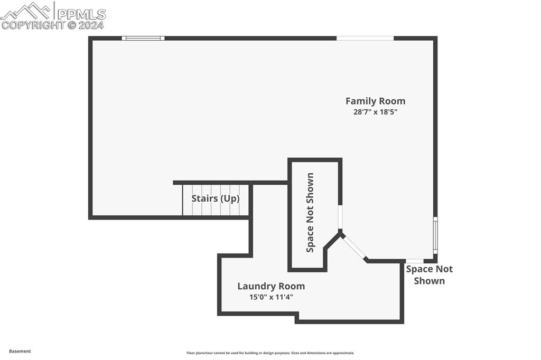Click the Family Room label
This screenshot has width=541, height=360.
coord(376,101)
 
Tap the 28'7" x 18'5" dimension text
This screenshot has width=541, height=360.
coord(376,112)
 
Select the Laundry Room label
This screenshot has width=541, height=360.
coord(271,286)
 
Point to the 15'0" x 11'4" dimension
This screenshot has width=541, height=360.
coord(271,297)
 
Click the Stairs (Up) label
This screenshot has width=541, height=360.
coord(216,198)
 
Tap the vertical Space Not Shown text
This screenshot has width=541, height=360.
coord(310,212)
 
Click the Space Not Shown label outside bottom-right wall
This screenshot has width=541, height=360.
coord(429,275)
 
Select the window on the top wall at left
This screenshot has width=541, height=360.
coord(143,38)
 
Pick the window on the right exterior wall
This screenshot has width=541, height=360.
coord(435,235)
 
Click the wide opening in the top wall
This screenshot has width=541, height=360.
coord(365,38)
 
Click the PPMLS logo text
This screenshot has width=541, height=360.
coord(81,14)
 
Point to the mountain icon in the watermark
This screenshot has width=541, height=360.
coord(26,11)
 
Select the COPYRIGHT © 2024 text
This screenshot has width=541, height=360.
coord(52,25)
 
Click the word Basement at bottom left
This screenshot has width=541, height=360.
coord(20,351)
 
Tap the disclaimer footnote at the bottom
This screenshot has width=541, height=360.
coord(270,353)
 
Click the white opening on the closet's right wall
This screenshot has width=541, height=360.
coord(340,217)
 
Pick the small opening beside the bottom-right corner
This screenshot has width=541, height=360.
coord(415,261)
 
